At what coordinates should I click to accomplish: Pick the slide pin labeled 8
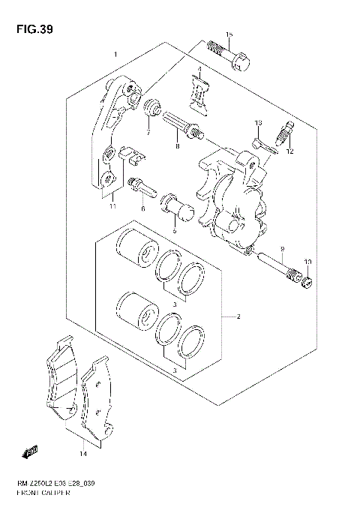click(184, 124)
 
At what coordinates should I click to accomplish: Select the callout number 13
click(256, 122)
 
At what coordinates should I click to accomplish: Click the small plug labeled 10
click(306, 282)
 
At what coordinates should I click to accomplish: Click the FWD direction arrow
click(32, 451)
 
